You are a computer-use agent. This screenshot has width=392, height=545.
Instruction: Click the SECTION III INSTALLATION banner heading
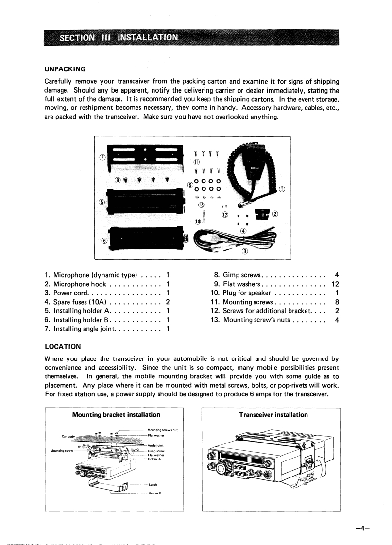tap(119, 37)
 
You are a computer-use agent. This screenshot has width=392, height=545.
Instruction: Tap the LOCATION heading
tap(63, 347)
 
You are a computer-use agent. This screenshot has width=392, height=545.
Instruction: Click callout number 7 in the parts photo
tap(102, 157)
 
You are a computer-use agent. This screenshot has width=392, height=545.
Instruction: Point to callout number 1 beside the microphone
tap(282, 189)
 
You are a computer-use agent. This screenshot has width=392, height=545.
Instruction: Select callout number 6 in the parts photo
tap(103, 241)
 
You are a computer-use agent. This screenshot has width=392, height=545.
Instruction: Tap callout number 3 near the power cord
tap(244, 251)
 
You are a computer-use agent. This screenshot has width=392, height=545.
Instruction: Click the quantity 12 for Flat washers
tap(335, 284)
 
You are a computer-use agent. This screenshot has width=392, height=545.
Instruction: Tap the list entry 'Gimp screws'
tap(242, 275)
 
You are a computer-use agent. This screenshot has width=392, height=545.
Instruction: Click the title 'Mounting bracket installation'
tap(116, 415)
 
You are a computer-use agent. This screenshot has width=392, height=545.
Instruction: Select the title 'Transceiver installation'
tap(273, 415)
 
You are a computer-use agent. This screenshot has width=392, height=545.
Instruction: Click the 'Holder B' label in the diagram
tap(154, 493)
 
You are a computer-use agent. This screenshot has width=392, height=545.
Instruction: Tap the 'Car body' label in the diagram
tap(67, 435)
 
